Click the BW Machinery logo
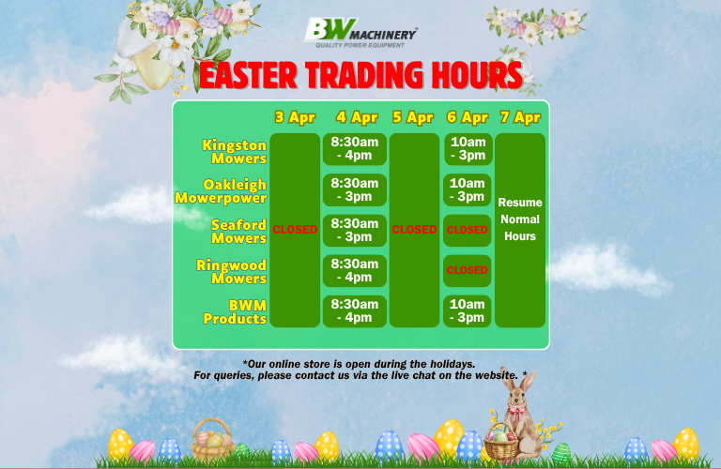360,34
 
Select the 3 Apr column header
295,117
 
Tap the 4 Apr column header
357,117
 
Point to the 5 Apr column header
413,117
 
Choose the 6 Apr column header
468,117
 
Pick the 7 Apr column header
520,117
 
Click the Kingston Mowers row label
235,151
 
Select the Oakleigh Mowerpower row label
222,191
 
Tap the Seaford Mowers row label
238,232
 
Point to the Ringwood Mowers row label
232,272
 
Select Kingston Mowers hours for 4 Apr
355,149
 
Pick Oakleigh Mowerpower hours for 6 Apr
468,190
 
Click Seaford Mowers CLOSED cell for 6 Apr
468,230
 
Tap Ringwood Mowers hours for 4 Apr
355,271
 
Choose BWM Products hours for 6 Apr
468,311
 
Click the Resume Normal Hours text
520,219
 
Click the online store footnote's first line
359,363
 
